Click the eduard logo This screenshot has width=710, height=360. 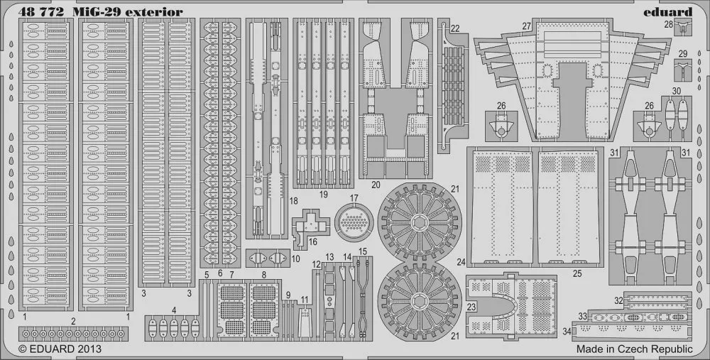pyautogui.click(x=668, y=12)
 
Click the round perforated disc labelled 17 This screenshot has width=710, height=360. pyautogui.click(x=354, y=222)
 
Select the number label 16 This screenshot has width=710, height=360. pyautogui.click(x=312, y=242)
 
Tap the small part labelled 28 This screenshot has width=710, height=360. pyautogui.click(x=683, y=28)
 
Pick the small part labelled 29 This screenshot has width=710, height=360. pyautogui.click(x=683, y=70)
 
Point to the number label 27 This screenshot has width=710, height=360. pyautogui.click(x=526, y=26)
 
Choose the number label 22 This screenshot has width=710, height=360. pyautogui.click(x=455, y=28)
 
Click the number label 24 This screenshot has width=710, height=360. pyautogui.click(x=461, y=262)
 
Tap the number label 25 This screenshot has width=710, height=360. pyautogui.click(x=577, y=273)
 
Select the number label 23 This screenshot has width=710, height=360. pyautogui.click(x=471, y=307)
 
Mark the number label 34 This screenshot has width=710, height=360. pyautogui.click(x=567, y=332)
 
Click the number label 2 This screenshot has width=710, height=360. pyautogui.click(x=73, y=321)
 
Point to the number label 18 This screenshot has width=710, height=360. pyautogui.click(x=293, y=201)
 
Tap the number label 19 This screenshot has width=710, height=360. pyautogui.click(x=323, y=195)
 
